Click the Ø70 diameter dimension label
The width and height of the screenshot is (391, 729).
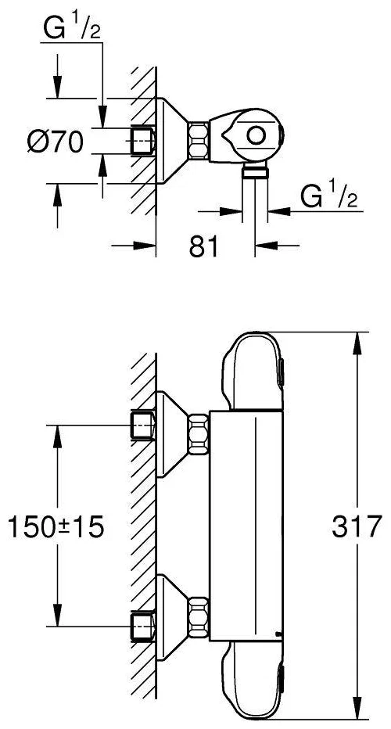(55, 142)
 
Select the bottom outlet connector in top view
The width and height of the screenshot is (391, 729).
(255, 171)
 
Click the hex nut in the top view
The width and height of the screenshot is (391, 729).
(199, 139)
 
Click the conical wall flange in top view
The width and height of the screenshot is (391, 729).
(172, 141)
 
